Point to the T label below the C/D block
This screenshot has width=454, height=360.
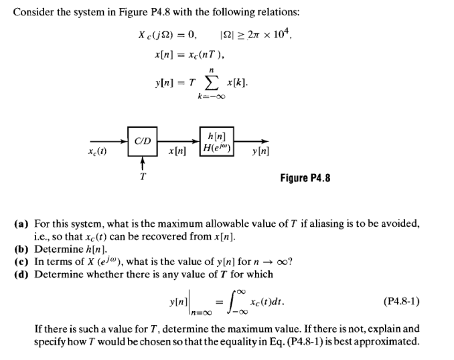pos(141,177)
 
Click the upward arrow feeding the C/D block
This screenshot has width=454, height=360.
pos(141,163)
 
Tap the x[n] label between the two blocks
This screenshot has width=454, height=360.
pos(177,153)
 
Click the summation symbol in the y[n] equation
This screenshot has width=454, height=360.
pos(211,81)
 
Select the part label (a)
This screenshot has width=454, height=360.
pos(21,223)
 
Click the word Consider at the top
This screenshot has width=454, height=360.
pos(33,13)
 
